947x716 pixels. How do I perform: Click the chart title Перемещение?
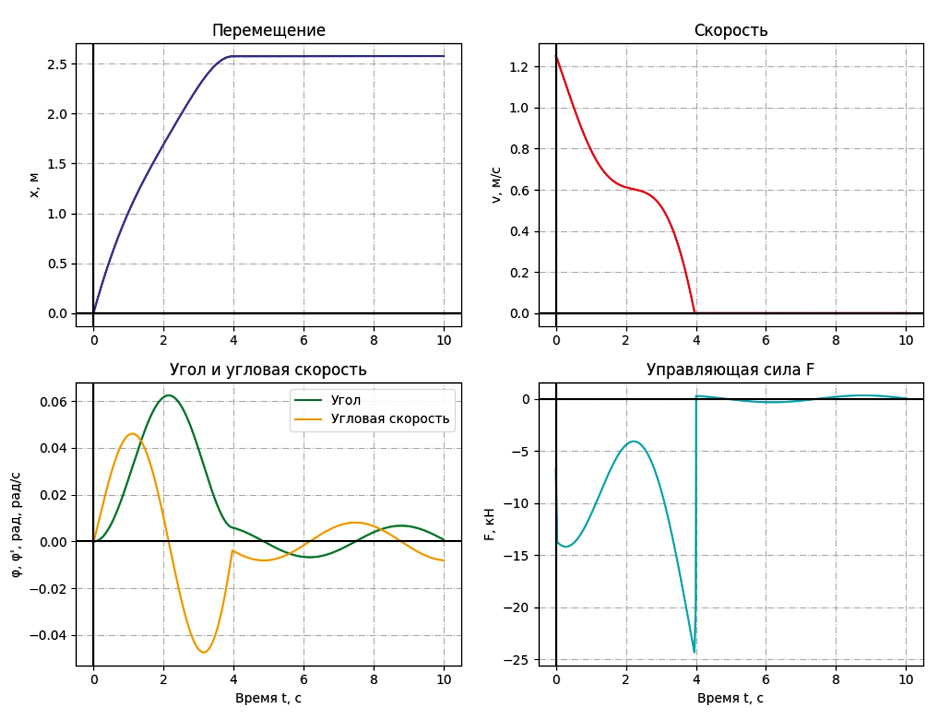268,30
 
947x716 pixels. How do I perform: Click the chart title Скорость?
730,30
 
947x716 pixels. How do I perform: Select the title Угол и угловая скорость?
268,370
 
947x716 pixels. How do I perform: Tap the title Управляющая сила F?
730,370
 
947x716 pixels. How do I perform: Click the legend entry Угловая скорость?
390,419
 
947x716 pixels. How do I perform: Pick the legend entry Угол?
346,400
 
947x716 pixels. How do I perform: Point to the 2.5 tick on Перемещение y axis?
57,64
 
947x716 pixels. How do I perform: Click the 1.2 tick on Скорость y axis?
519,67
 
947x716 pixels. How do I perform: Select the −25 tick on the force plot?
516,660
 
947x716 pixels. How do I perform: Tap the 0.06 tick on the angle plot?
53,402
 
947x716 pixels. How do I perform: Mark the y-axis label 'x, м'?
34,185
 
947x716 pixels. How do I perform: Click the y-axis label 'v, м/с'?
496,185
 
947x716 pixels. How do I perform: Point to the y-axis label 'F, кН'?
489,524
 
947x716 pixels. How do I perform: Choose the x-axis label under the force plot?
730,698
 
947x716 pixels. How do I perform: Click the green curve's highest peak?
169,395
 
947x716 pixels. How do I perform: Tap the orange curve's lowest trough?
204,652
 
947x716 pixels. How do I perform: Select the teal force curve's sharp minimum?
694,652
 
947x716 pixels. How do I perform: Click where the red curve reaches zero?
695,312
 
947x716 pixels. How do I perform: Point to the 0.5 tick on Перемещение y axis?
57,264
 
